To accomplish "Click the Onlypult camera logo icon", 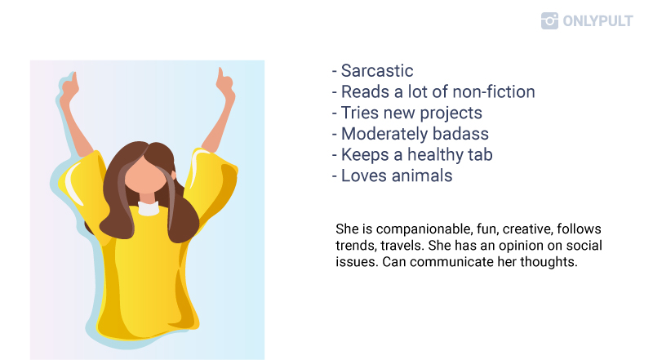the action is click(x=549, y=21).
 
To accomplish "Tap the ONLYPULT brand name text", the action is click(x=597, y=21).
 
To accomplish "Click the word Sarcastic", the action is click(x=377, y=71).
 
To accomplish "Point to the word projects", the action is click(x=451, y=113).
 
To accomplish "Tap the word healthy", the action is click(x=435, y=155).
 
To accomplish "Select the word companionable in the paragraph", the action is click(x=423, y=229).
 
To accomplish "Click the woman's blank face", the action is click(x=145, y=175).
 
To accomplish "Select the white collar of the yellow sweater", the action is click(x=149, y=208).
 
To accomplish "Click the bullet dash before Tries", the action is click(x=334, y=113).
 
